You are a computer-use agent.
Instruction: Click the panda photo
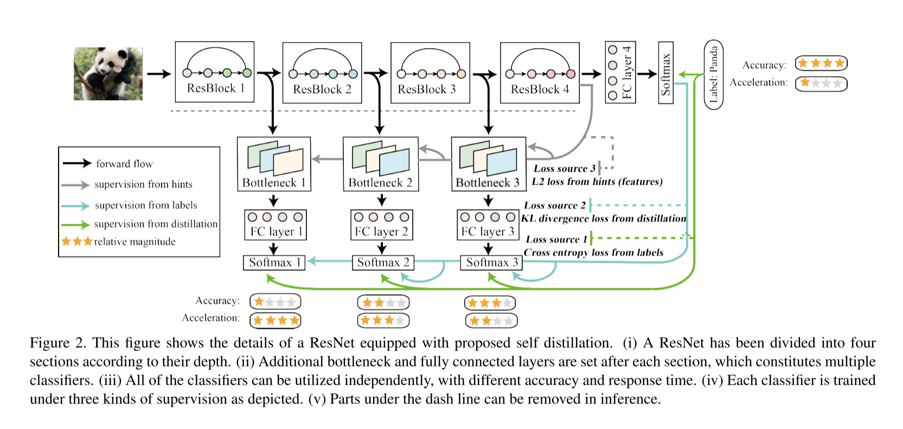pyautogui.click(x=108, y=74)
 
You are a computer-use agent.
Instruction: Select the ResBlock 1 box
pyautogui.click(x=215, y=71)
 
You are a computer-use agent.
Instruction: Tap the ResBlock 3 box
pyautogui.click(x=430, y=73)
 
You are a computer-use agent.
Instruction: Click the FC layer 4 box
pyautogui.click(x=620, y=72)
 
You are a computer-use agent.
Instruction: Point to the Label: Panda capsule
pyautogui.click(x=713, y=74)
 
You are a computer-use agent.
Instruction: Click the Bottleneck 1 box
pyautogui.click(x=274, y=164)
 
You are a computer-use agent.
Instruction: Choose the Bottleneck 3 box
pyautogui.click(x=488, y=164)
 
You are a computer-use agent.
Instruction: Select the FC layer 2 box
pyautogui.click(x=381, y=224)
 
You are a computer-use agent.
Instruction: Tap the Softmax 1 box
pyautogui.click(x=274, y=262)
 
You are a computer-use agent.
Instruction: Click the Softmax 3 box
pyautogui.click(x=490, y=262)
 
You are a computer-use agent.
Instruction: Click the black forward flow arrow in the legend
pyautogui.click(x=76, y=163)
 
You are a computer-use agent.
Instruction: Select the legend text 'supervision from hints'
pyautogui.click(x=143, y=184)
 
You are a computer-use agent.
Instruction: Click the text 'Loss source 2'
pyautogui.click(x=554, y=205)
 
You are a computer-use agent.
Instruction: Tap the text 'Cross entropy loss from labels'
pyautogui.click(x=593, y=252)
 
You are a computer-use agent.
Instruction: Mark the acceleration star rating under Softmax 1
pyautogui.click(x=275, y=320)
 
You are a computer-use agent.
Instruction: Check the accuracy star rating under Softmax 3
pyautogui.click(x=490, y=303)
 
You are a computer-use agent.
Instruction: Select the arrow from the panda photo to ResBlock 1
pyautogui.click(x=159, y=74)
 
